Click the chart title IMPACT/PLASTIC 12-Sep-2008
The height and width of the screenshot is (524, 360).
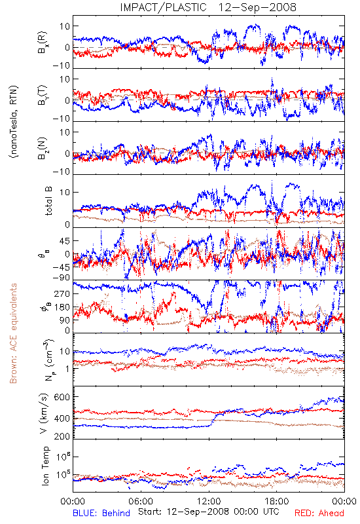208,7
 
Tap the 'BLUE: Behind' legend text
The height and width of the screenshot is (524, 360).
101,514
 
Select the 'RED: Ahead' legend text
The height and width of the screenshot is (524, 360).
319,514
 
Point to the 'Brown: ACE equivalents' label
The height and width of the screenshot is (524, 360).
13,333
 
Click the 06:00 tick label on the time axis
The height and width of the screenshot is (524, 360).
141,502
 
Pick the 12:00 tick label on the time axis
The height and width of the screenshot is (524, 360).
209,502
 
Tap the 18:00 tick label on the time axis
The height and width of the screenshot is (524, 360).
277,502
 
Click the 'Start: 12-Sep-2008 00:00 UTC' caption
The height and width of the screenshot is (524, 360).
209,512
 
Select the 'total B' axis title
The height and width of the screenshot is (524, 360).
48,201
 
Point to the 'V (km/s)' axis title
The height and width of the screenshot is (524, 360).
44,413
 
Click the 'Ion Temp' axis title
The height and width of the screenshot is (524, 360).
45,466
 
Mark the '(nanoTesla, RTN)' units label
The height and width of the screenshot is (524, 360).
14,122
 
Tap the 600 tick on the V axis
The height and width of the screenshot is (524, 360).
62,397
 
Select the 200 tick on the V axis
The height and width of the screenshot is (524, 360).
62,436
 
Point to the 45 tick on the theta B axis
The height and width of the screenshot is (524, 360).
65,241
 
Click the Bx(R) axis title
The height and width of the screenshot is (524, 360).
43,43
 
